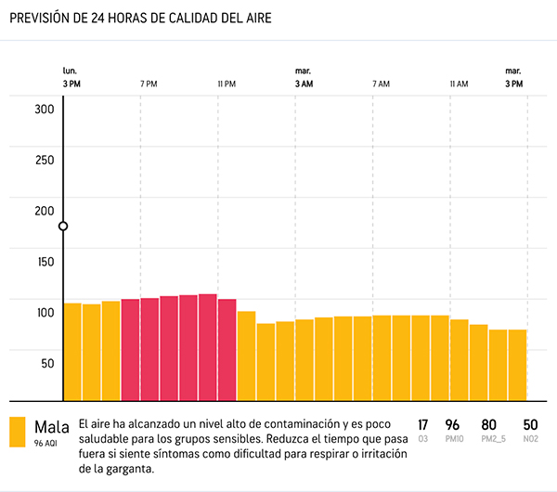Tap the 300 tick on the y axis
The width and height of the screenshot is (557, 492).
45,108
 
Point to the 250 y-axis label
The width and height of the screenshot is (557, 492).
45,159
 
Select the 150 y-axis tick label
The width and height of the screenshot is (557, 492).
45,261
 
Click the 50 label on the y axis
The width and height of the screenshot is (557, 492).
47,363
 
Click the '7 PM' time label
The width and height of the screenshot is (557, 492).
149,84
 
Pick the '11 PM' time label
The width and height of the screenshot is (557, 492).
227,84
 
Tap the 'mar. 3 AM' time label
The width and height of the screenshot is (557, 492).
304,78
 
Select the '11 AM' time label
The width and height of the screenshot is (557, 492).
459,84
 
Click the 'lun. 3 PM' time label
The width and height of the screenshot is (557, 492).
71,78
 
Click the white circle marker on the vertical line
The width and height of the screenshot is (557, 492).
63,227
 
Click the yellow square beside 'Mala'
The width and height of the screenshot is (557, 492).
18,432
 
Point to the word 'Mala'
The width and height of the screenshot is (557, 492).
52,427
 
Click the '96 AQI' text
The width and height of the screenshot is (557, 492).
46,444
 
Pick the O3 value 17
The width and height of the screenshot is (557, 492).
423,424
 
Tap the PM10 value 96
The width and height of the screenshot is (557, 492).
453,424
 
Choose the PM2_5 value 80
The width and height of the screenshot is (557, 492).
489,424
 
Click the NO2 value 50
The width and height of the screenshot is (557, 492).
530,424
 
